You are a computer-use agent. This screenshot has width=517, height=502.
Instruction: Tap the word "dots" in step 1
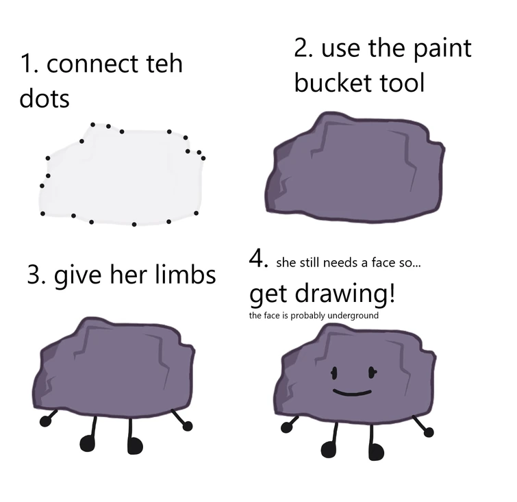45,99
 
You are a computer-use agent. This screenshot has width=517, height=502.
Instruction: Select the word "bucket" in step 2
332,83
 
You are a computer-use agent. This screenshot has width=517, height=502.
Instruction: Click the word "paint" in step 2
439,49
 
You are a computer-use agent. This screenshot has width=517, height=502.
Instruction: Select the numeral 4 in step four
257,260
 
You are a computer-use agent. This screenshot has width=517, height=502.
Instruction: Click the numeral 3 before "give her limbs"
34,275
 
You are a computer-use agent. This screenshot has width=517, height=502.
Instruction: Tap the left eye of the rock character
334,373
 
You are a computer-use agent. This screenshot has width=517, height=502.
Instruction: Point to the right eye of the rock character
372,372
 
